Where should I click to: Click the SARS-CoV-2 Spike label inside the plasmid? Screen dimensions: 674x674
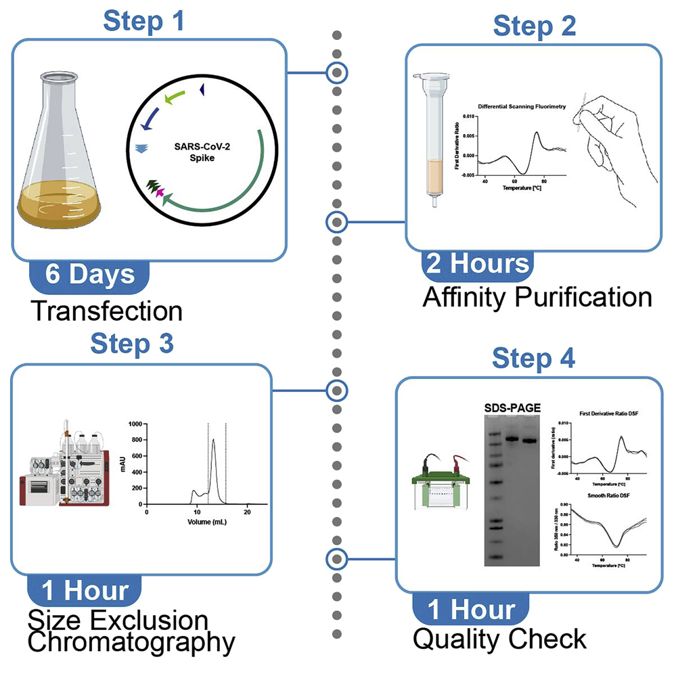194,148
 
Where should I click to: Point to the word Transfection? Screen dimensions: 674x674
106,311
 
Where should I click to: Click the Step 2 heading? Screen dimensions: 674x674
534,26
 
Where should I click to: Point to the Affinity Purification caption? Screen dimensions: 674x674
537,298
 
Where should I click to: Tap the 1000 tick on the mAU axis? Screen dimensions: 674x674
135,424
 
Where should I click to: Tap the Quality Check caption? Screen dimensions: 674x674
499,638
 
